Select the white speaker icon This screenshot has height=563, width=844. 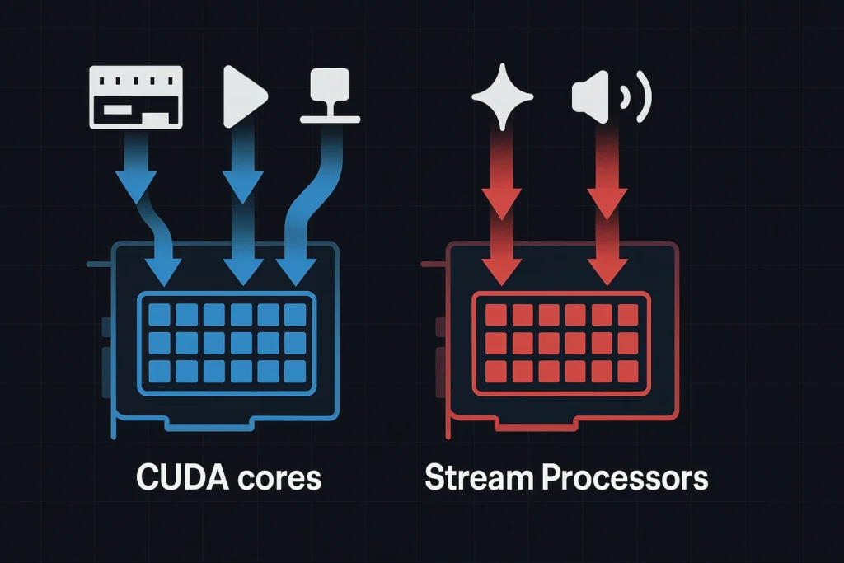589,97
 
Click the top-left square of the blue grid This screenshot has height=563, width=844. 160,314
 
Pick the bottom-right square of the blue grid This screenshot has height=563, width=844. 295,370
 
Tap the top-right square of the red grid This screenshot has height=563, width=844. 628,314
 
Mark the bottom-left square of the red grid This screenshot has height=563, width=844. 495,370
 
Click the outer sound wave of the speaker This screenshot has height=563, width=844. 643,97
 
